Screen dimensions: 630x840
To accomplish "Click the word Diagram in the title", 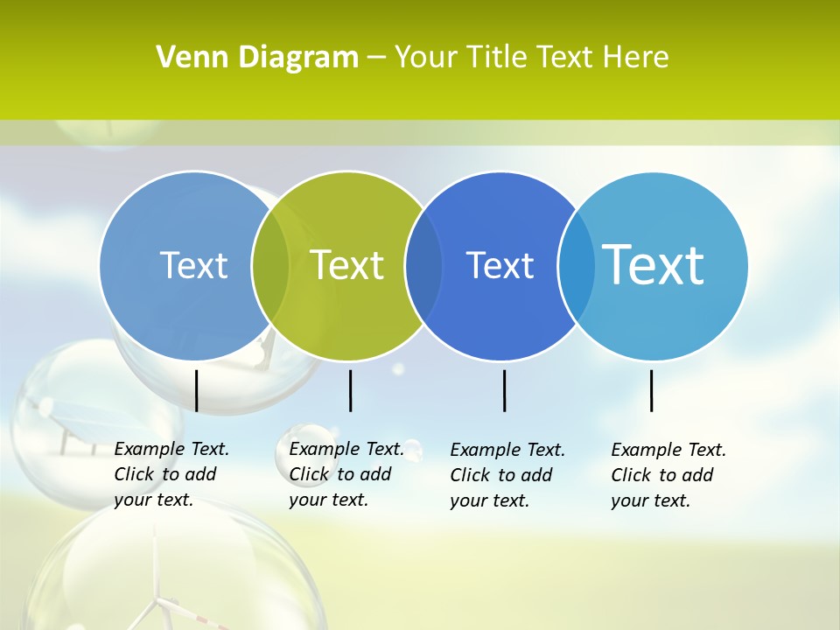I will [297, 58].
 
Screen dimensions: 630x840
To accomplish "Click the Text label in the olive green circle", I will [347, 265].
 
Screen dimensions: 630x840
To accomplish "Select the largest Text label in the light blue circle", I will [653, 264].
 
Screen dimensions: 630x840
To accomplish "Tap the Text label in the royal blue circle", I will [500, 265].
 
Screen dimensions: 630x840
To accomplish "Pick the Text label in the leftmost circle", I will [193, 265].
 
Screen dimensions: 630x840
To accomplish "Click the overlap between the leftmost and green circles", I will [270, 265].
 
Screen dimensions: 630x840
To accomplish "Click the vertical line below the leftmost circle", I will [197, 390].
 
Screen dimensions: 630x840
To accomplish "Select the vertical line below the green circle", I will [350, 390].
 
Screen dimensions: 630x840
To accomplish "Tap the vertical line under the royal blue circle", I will [505, 390].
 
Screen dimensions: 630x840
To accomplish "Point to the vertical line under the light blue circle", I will [652, 390].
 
